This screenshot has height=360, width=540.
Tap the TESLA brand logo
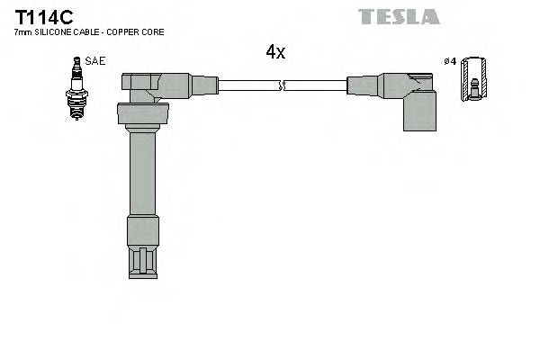pyautogui.click(x=399, y=16)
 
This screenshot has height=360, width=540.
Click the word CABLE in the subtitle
pyautogui.click(x=89, y=32)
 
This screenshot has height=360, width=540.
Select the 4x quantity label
pyautogui.click(x=275, y=52)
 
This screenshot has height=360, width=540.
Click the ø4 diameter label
pyautogui.click(x=451, y=61)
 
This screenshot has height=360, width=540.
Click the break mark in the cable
pyautogui.click(x=283, y=85)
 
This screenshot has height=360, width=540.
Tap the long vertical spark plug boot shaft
pyautogui.click(x=143, y=171)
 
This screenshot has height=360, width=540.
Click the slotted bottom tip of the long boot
pyautogui.click(x=143, y=261)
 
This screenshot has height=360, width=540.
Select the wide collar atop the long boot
pyautogui.click(x=143, y=114)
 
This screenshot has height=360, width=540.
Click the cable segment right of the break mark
pyautogui.click(x=315, y=85)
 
